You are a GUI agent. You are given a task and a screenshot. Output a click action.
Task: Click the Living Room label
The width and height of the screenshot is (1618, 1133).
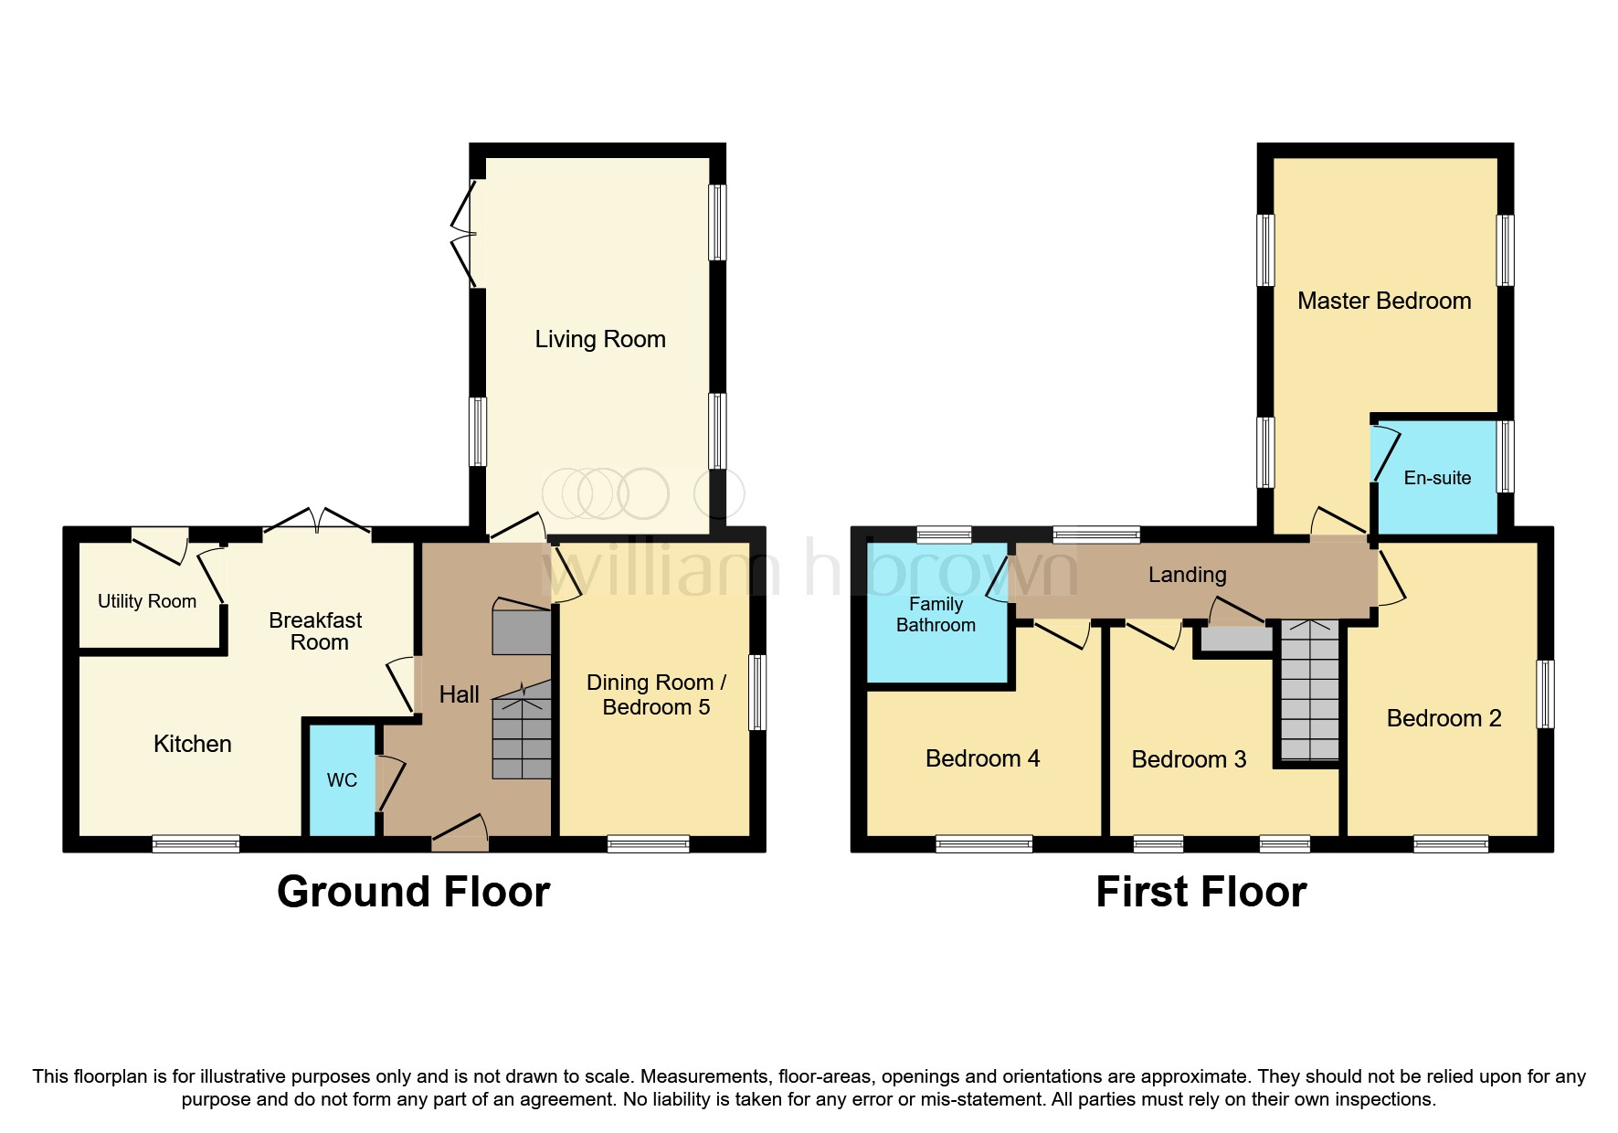(599, 339)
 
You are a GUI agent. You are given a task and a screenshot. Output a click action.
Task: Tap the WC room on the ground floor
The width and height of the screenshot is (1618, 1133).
(342, 779)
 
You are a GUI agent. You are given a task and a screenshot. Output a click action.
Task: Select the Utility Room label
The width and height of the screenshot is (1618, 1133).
(146, 601)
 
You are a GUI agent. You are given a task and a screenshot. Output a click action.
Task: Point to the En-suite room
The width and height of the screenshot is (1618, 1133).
(1436, 478)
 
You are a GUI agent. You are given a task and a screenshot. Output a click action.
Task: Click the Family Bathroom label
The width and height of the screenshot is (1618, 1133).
(936, 614)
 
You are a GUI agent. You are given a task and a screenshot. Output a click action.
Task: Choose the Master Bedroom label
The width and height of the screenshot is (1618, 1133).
(1383, 301)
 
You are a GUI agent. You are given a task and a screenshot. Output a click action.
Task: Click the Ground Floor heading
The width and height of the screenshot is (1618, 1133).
(413, 892)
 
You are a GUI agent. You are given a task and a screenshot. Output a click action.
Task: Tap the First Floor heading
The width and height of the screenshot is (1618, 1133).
(1200, 892)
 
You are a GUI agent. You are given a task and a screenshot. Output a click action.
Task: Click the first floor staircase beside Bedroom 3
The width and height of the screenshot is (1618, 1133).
(1309, 690)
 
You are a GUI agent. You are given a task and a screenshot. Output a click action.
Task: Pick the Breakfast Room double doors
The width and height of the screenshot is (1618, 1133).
(317, 523)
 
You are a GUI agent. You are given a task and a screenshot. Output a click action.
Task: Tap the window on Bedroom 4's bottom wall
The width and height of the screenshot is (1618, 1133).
(984, 843)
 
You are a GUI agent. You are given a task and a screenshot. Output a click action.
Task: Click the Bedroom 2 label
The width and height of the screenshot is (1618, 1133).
(1444, 718)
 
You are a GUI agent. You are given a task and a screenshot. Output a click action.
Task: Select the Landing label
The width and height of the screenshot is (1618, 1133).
(1187, 575)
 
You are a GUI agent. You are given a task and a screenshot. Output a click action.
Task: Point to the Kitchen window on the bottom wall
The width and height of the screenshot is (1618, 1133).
(196, 843)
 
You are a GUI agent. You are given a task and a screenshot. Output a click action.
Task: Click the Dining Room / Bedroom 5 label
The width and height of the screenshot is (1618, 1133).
(656, 694)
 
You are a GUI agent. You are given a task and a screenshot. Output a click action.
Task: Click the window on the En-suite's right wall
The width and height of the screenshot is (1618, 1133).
(1505, 456)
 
